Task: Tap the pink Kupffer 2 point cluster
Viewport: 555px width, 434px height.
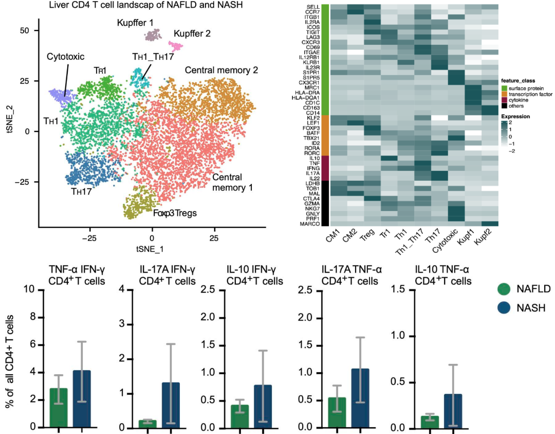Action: pos(177,47)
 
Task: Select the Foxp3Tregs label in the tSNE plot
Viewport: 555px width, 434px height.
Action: pos(175,212)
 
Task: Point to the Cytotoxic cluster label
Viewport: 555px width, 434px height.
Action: pos(65,57)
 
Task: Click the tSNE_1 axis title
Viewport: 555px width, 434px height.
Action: pos(152,249)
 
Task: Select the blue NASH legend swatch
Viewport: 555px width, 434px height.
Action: pos(506,308)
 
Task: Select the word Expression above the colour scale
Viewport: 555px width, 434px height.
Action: pos(516,116)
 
